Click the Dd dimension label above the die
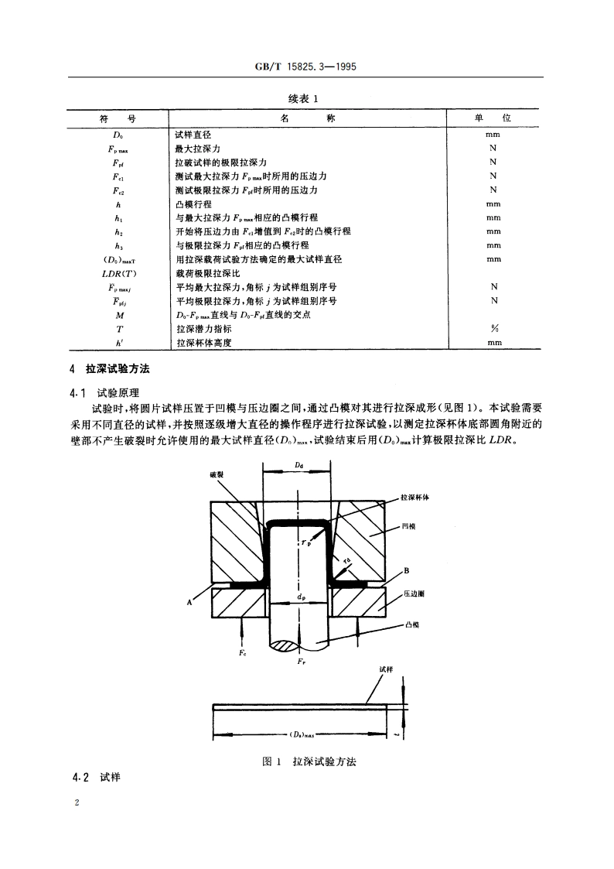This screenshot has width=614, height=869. pos(298,464)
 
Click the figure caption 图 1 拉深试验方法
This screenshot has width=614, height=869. pos(309,762)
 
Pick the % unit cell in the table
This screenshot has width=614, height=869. pos(493,329)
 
